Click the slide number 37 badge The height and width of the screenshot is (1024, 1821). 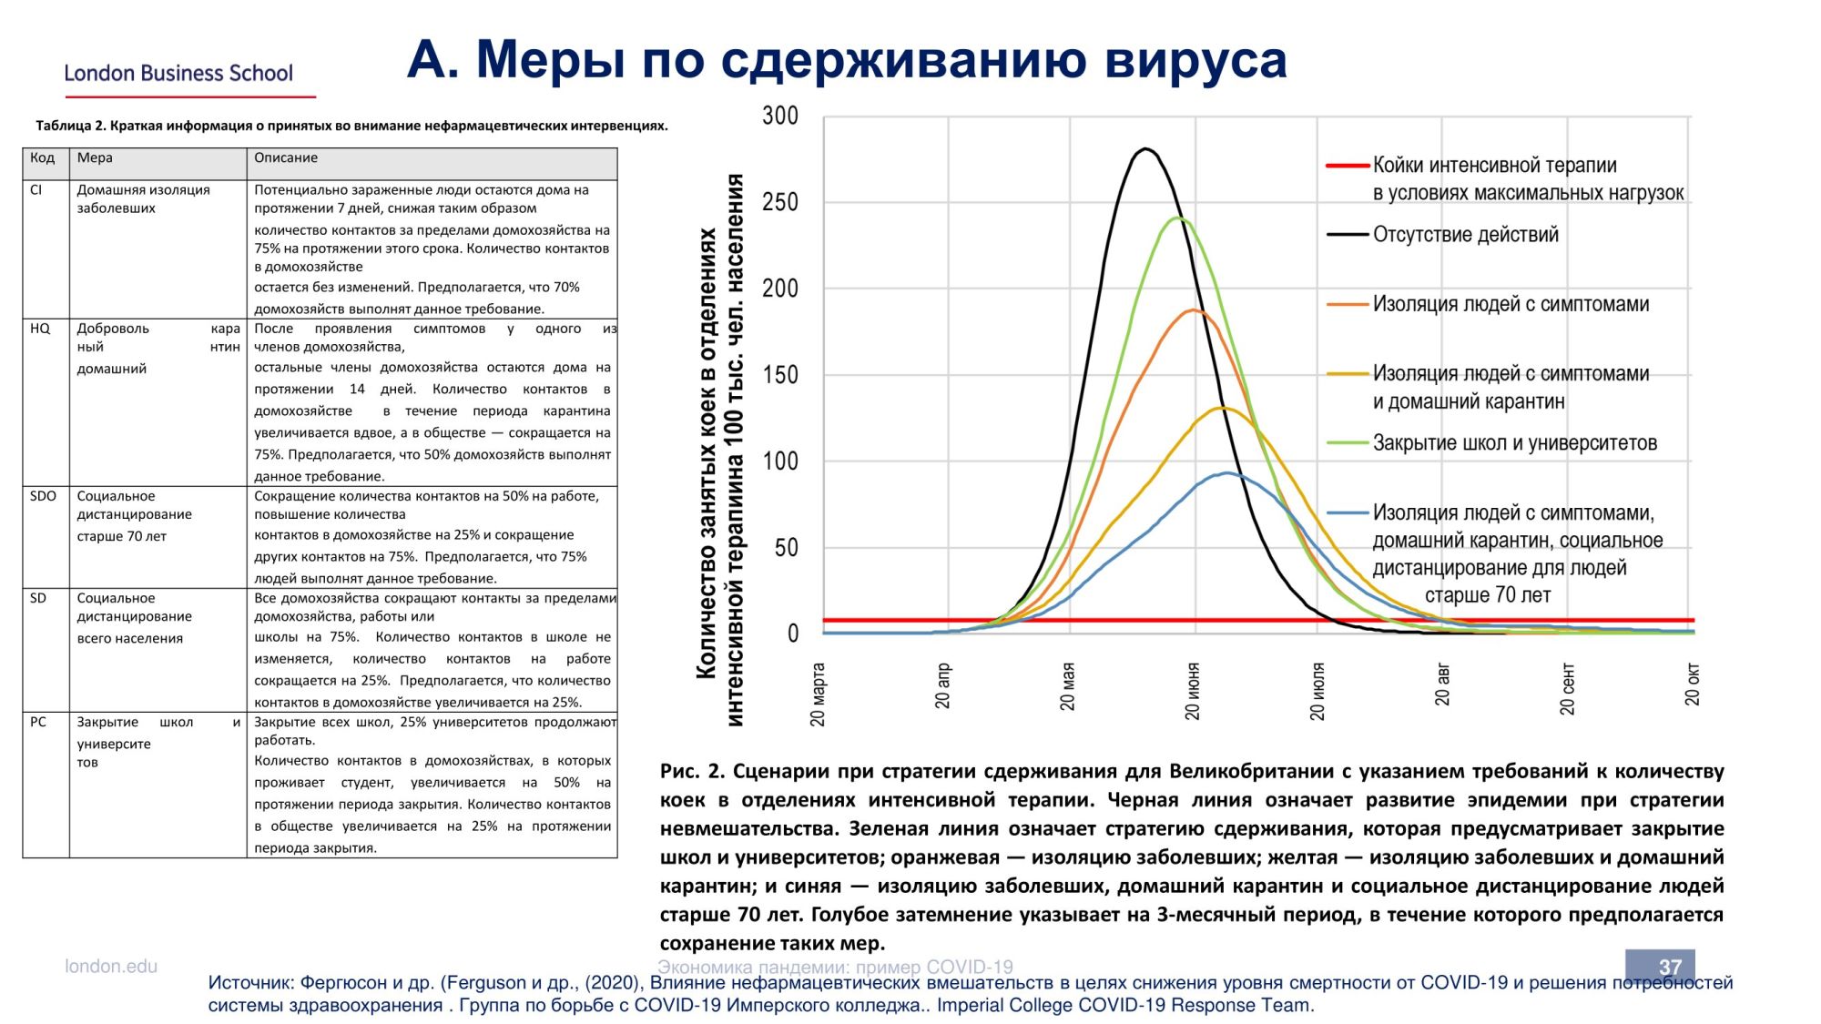click(1660, 965)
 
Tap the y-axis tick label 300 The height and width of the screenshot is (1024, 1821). click(780, 116)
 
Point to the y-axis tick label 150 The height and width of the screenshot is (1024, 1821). click(780, 374)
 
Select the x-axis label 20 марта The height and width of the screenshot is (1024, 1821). click(818, 694)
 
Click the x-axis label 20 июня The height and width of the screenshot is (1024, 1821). click(1193, 691)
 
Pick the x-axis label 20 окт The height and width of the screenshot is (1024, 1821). click(1692, 684)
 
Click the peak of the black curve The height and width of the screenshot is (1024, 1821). click(1145, 148)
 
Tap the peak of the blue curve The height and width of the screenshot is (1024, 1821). click(1226, 472)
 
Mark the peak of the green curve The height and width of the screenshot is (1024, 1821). click(1179, 218)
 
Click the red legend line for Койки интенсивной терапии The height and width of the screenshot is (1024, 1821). click(1348, 166)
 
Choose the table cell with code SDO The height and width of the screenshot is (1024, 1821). click(43, 496)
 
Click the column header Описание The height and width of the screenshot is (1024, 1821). click(286, 157)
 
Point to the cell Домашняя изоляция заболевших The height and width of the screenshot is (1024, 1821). click(143, 198)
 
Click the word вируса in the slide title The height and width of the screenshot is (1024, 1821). click(1195, 60)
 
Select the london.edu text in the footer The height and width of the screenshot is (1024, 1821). click(111, 966)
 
